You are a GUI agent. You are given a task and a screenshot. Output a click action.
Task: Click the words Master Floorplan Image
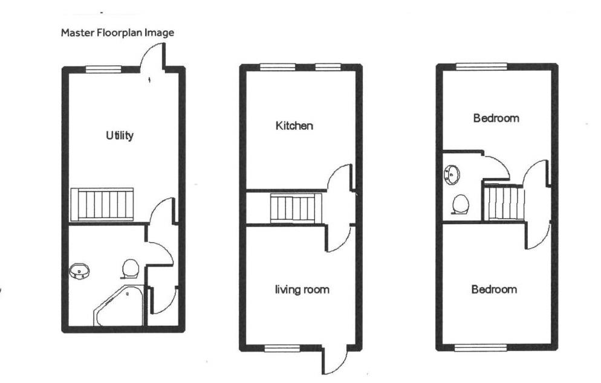pos(117,33)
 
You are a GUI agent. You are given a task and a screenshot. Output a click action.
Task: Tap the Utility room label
pos(120,135)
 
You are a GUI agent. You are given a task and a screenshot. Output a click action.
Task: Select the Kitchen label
pos(294,126)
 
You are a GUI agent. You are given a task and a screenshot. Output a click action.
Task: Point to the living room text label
pos(302,290)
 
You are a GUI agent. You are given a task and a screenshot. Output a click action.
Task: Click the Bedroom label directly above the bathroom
pos(496,118)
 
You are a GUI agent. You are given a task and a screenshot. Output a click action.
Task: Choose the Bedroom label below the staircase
pos(494,289)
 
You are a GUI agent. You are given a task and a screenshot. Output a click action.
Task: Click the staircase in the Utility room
pos(102,204)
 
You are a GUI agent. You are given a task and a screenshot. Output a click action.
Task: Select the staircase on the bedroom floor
pos(504,202)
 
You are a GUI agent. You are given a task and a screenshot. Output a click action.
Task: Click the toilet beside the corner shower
pos(131,267)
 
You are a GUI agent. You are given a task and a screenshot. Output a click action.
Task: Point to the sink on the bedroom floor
pos(451,175)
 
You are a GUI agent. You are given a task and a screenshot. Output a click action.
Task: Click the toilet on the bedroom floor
pos(461,203)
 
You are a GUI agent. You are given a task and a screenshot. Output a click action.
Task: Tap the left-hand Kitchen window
pos(277,67)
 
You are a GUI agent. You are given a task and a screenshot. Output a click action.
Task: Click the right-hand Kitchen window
pos(327,67)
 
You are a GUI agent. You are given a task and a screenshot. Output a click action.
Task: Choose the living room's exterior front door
pos(333,361)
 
